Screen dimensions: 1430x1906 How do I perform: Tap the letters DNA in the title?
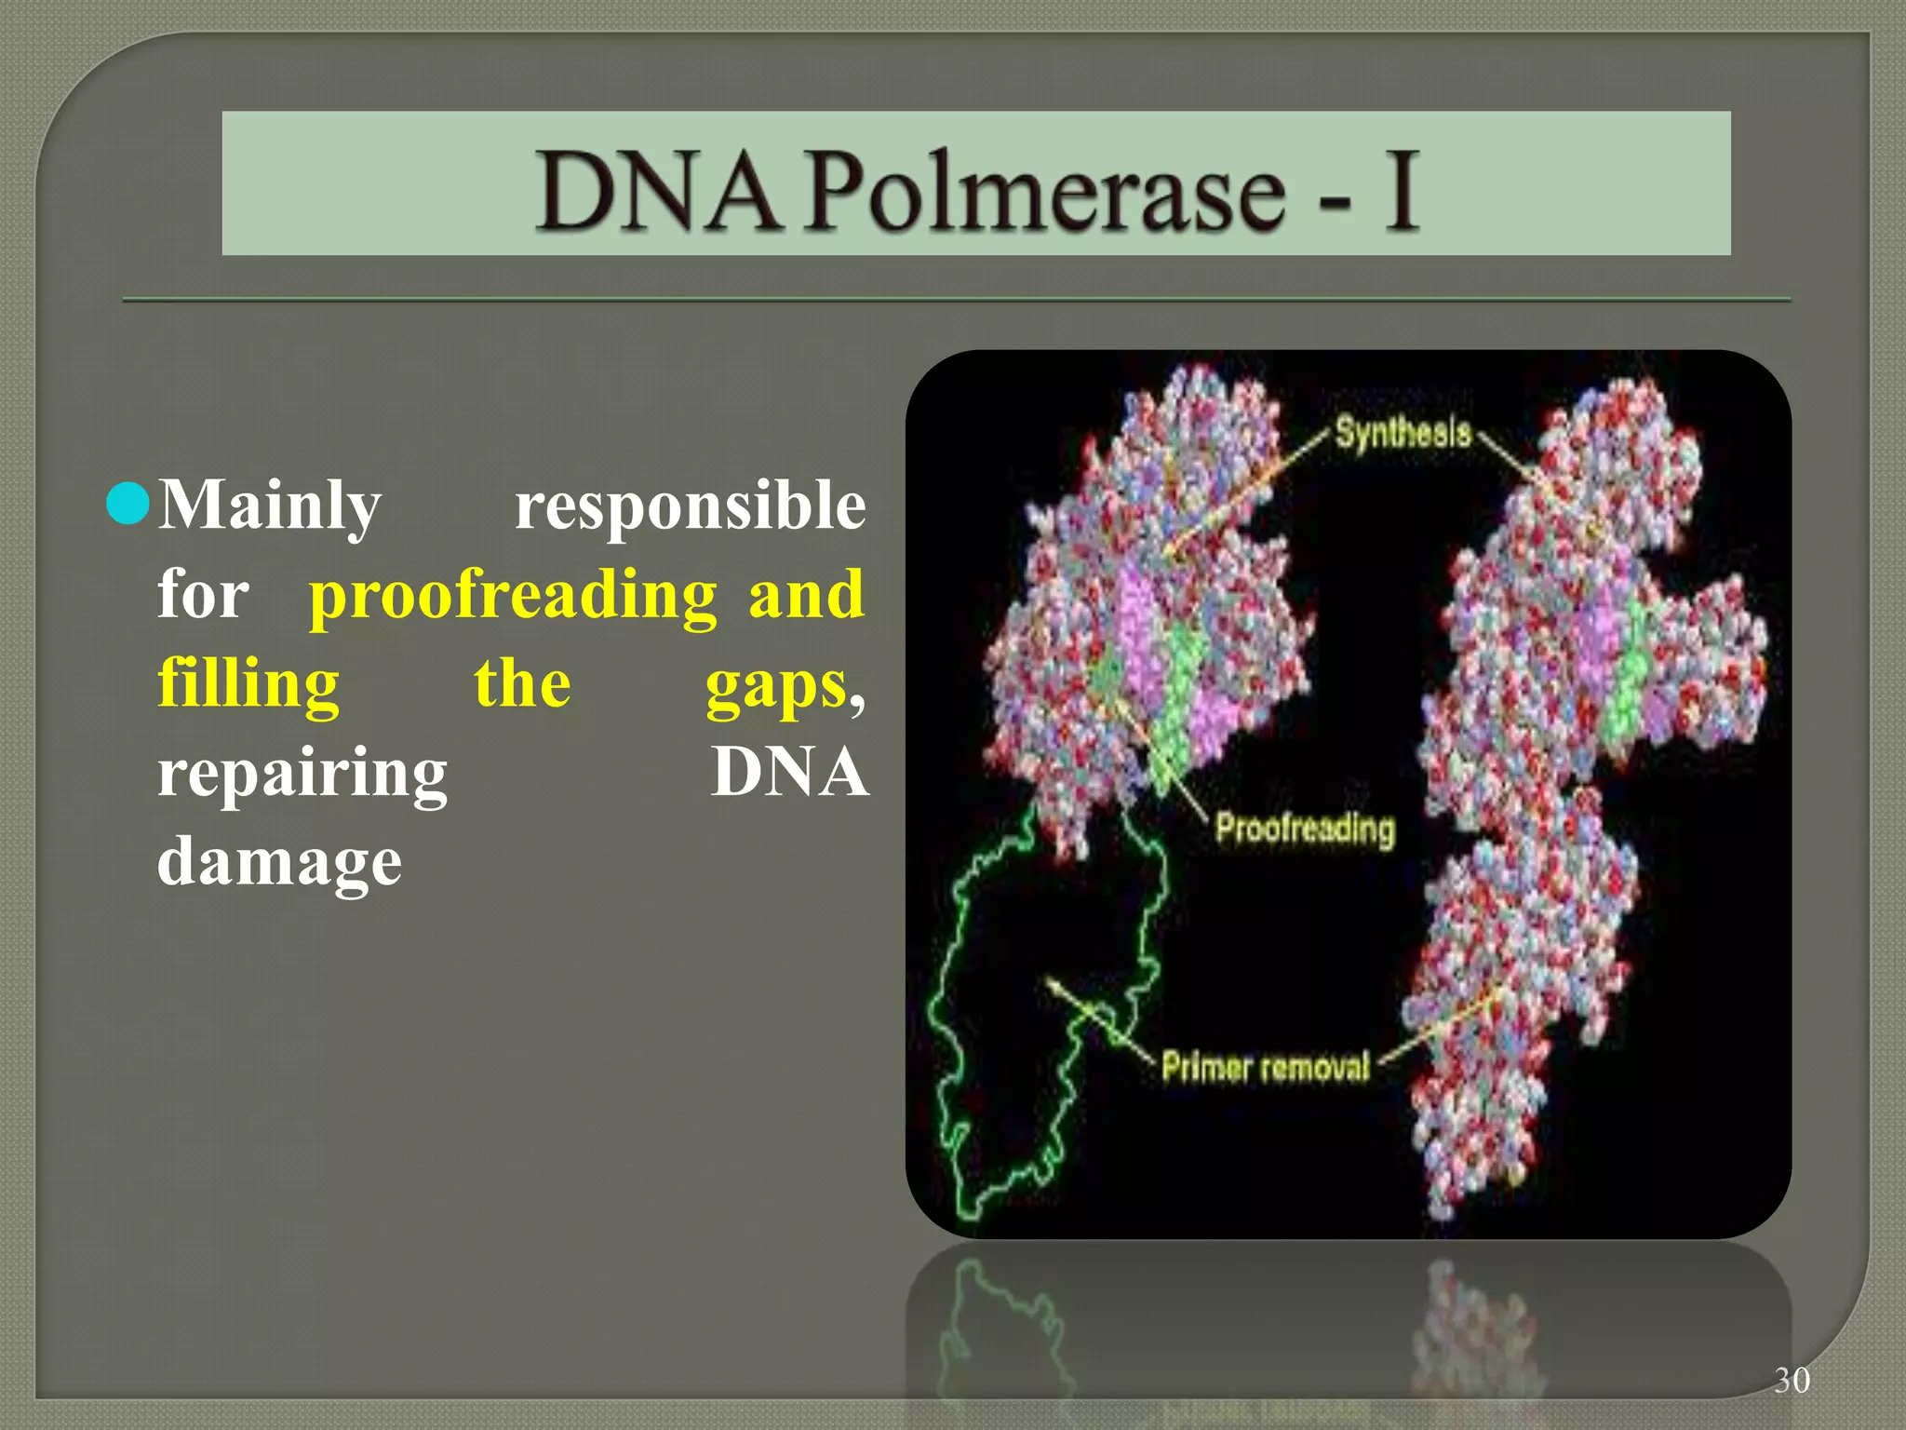(657, 191)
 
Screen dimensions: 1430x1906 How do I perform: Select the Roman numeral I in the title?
(1400, 191)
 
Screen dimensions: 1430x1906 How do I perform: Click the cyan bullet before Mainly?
(128, 504)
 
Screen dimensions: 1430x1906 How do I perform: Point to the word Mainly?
(270, 506)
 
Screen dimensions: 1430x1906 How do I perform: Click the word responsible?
(690, 506)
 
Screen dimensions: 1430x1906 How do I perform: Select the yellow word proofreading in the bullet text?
(513, 596)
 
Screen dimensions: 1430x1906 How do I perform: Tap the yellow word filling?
(248, 684)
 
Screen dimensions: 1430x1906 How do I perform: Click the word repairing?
(302, 775)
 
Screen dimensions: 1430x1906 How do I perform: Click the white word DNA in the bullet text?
(788, 773)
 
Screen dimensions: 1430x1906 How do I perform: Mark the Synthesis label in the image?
(1403, 433)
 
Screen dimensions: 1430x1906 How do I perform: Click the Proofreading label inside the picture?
(1305, 828)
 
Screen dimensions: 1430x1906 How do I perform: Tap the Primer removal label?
(1266, 1066)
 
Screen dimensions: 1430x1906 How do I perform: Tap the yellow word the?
(522, 684)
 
